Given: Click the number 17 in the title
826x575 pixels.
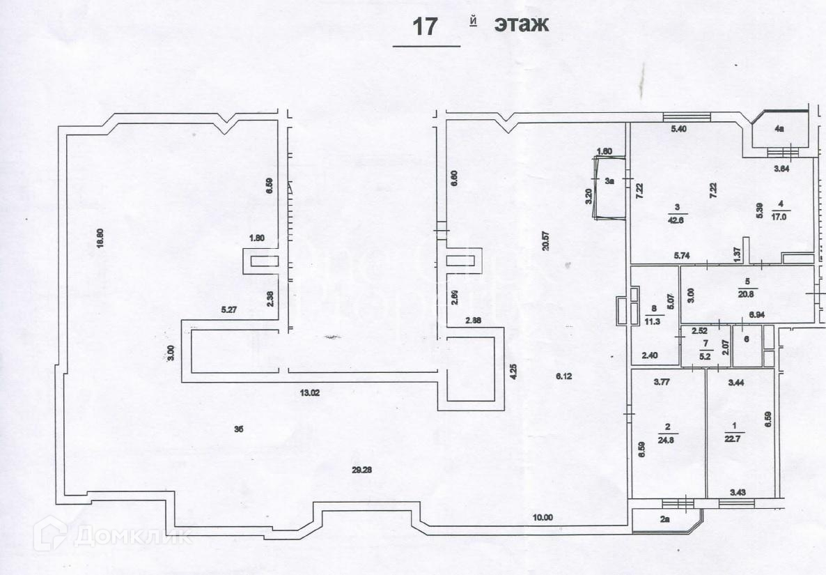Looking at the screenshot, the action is click(x=425, y=26).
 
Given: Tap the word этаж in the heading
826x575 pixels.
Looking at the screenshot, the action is click(x=522, y=24).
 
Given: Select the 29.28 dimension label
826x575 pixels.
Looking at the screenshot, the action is click(x=361, y=470).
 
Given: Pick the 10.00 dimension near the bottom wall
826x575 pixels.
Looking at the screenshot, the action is click(x=543, y=517).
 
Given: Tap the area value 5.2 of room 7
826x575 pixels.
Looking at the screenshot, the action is click(x=706, y=355).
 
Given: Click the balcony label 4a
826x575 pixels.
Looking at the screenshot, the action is click(x=780, y=129).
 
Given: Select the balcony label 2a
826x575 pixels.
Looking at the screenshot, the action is click(x=665, y=519).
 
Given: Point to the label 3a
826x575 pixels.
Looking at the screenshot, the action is click(x=609, y=181).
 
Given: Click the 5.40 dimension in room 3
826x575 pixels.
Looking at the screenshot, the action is click(x=679, y=129).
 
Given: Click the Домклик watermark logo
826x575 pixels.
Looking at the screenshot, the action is click(x=114, y=536).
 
